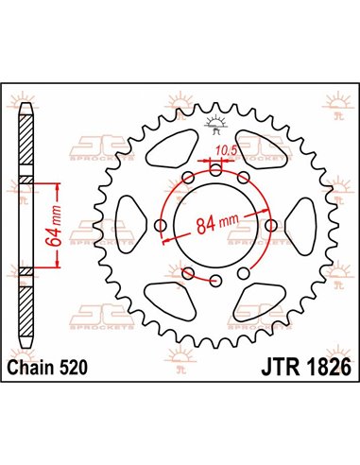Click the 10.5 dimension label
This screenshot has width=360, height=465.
(225, 148)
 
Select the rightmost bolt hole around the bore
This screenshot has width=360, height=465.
(272, 225)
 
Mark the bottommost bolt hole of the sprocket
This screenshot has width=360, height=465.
(215, 281)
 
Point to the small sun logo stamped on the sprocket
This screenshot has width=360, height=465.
(215, 120)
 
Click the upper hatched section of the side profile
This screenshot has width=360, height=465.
(25, 181)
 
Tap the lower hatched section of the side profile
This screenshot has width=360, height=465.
(25, 273)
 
